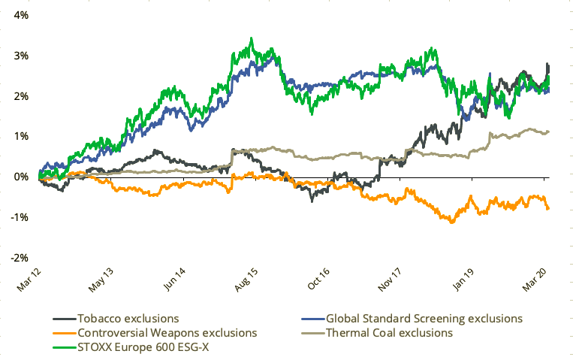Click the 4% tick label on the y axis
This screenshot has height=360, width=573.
point(20,15)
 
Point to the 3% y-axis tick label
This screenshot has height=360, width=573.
point(20,56)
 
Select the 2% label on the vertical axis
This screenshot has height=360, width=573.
point(20,96)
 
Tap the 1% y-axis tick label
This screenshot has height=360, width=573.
point(20,136)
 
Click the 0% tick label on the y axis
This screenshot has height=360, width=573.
point(20,177)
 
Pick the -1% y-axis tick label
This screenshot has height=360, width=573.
point(19,217)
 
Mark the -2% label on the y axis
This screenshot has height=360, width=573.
point(19,258)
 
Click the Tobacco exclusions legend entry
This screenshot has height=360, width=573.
point(124,319)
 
